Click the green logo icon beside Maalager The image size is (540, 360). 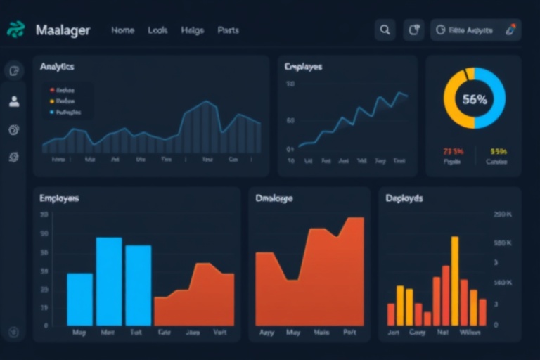(15, 30)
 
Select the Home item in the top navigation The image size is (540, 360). (123, 30)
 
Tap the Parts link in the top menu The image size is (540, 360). (228, 30)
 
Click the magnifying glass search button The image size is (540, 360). (385, 30)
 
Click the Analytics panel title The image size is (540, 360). (57, 67)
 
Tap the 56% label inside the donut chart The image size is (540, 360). (475, 99)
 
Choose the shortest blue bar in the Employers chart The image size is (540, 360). (79, 299)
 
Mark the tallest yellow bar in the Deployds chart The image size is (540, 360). (454, 280)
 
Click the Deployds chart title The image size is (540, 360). (404, 198)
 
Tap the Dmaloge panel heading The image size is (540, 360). (274, 198)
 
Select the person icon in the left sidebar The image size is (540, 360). (14, 101)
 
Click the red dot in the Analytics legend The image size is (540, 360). (51, 90)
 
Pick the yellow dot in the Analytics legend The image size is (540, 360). (51, 101)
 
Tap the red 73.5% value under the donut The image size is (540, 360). (452, 151)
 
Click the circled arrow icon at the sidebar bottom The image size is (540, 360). (14, 332)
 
